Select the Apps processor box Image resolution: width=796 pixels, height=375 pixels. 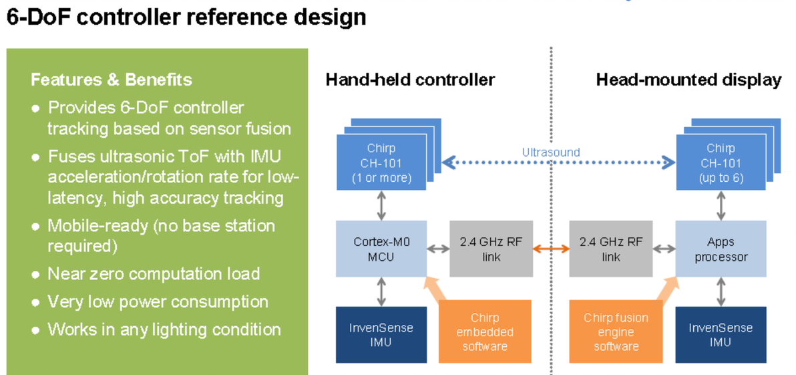[721, 249]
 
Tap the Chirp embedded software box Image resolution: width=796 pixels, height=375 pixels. [483, 332]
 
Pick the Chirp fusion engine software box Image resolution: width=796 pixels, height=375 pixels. [616, 332]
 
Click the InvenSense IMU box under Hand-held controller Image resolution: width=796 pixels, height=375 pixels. [381, 334]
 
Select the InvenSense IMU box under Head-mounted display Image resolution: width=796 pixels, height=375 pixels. [721, 334]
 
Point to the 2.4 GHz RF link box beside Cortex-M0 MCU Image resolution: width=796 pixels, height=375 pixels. [491, 249]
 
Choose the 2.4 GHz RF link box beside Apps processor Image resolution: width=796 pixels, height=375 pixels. [610, 249]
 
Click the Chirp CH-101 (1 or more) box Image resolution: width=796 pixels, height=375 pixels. [381, 162]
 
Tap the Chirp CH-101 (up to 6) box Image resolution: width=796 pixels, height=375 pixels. [720, 162]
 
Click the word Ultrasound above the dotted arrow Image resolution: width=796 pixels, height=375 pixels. [551, 152]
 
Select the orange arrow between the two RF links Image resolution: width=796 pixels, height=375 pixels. [551, 249]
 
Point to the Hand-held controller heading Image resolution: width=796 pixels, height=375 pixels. [410, 80]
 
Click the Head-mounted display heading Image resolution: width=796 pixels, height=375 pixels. [688, 80]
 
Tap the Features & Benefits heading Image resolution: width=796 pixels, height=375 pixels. [112, 80]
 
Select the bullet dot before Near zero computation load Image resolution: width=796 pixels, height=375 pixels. [35, 275]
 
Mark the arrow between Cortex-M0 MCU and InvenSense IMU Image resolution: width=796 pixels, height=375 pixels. [381, 292]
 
